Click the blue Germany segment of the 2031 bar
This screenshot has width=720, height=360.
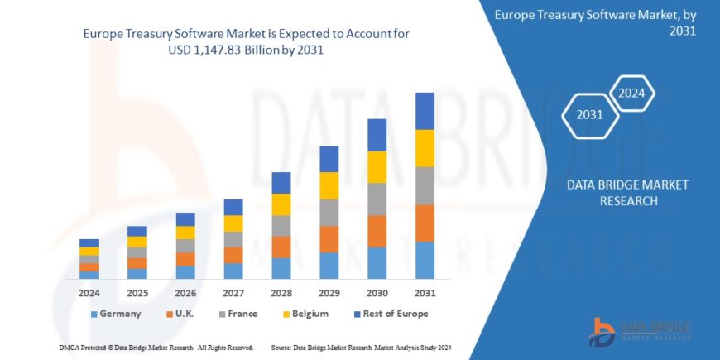click(x=425, y=260)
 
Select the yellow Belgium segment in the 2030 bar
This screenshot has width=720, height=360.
click(x=377, y=167)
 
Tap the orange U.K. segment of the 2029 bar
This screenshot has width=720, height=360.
click(x=329, y=239)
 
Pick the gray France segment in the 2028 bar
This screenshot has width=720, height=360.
click(x=281, y=226)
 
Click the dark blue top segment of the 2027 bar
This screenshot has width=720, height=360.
click(x=233, y=207)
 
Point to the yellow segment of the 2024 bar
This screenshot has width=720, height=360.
click(x=89, y=251)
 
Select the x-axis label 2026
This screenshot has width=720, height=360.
click(x=185, y=292)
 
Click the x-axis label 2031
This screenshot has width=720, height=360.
click(x=425, y=292)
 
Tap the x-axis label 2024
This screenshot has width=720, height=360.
click(x=89, y=292)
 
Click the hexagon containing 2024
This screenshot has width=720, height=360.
click(x=632, y=92)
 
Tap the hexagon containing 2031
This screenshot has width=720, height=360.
click(x=589, y=114)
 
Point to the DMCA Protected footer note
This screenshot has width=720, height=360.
click(x=156, y=348)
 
